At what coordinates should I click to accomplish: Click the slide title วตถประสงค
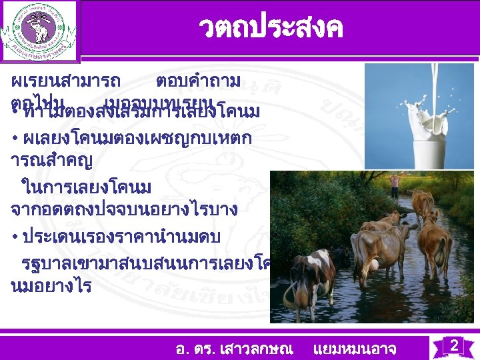[270, 28]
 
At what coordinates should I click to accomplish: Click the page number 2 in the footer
[453, 346]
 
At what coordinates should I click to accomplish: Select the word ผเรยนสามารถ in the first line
[66, 82]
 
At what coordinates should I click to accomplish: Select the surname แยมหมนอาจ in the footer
[354, 348]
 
